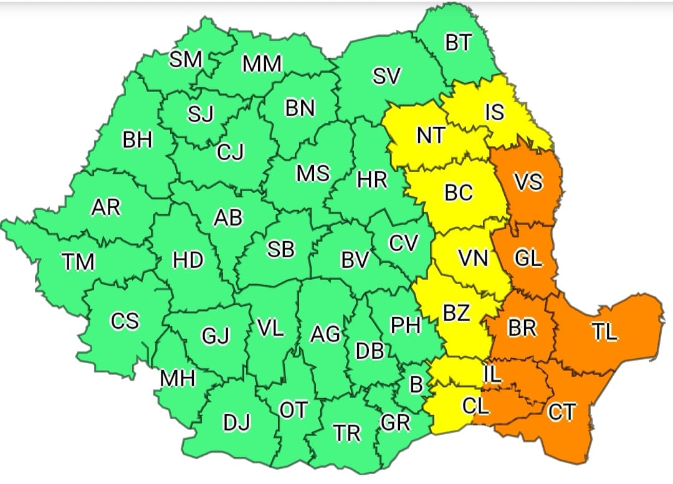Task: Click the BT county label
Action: (459, 44)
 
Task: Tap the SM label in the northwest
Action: (186, 60)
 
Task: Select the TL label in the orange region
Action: (604, 333)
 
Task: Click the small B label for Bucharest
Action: (416, 385)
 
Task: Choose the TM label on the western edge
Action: (78, 263)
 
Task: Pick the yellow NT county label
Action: (431, 135)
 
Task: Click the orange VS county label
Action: (528, 183)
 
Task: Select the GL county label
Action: (528, 258)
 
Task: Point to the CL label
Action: (476, 406)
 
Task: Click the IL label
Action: (492, 374)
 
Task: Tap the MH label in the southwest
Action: (178, 378)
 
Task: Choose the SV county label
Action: (386, 77)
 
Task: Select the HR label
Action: (372, 181)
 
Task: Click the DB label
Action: (369, 351)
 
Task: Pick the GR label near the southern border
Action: (395, 423)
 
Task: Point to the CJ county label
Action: (231, 152)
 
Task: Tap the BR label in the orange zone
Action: (522, 328)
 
